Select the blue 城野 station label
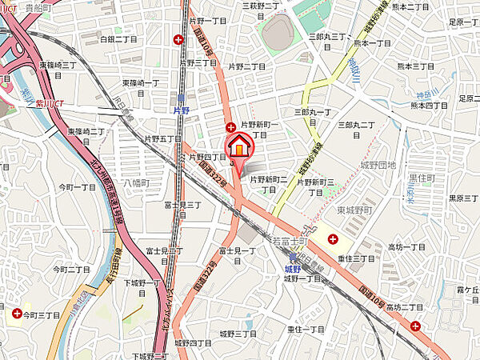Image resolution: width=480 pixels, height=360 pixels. tap(294, 270)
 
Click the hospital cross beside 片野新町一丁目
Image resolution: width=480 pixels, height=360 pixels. tap(230, 127)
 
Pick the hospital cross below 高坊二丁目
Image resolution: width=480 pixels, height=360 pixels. tap(415, 325)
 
